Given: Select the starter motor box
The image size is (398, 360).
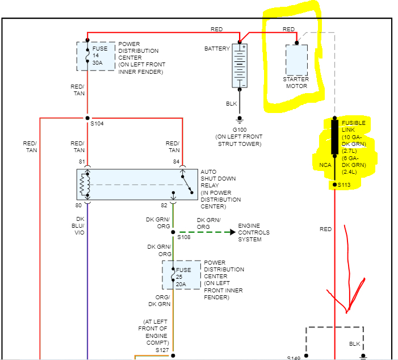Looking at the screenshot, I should tap(296, 60).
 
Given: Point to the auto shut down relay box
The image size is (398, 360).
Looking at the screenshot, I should tap(137, 185).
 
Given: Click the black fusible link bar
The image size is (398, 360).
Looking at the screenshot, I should tap(334, 137).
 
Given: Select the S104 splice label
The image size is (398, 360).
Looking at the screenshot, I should tap(97, 124).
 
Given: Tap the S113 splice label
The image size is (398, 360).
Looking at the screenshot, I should tap(345, 185).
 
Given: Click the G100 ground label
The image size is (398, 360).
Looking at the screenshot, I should tap(239, 129).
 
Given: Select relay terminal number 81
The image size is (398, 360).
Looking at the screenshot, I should tap(81, 162).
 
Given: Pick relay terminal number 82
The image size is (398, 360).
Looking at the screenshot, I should tap(164, 206).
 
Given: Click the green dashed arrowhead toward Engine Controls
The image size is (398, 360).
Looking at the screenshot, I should tap(232, 232).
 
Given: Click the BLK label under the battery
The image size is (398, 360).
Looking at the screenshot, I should tap(232, 104).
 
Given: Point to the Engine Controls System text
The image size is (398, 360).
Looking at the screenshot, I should tap(253, 232).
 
